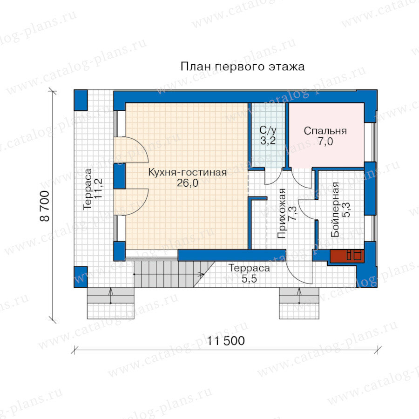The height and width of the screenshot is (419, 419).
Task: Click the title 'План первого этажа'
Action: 243,67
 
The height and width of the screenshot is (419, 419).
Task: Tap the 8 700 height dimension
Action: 45,206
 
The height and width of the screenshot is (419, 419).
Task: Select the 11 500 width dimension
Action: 226,341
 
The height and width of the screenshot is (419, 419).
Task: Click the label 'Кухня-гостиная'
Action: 187,172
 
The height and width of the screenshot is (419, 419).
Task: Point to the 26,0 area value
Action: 187,183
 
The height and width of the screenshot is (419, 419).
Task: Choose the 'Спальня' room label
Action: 325,131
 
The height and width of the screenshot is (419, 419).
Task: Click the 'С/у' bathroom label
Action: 268,130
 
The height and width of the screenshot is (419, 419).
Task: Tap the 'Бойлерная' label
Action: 335,209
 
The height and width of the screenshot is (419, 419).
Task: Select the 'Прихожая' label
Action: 282,214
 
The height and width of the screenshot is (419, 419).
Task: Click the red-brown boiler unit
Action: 347,256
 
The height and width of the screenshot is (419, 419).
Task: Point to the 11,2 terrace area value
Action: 98,189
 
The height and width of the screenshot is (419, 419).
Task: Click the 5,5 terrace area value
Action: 249,279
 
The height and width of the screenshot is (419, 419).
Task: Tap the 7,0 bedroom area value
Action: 325,142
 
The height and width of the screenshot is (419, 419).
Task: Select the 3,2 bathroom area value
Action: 268,141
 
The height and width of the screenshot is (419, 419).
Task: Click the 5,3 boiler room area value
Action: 346,209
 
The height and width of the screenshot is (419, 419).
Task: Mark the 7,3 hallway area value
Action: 292,214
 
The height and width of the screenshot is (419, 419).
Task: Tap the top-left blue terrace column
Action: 81,100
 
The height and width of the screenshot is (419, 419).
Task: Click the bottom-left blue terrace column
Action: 81,277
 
